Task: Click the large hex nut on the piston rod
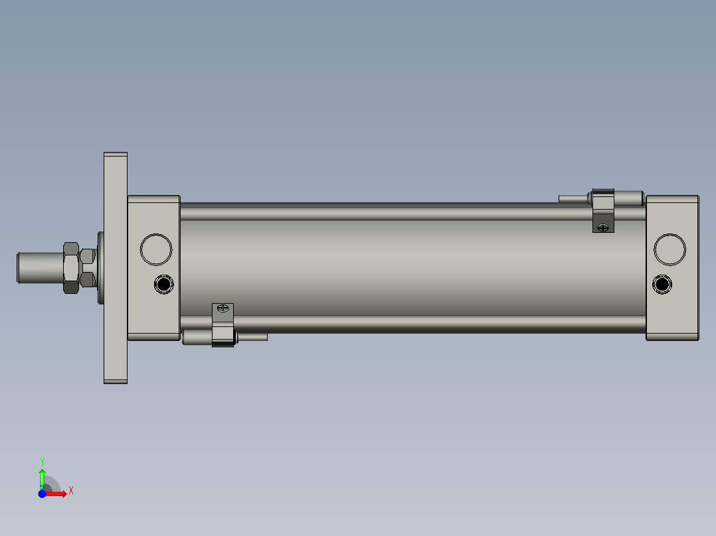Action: (70, 267)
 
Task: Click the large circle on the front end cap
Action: (156, 249)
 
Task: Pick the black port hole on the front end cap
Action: (163, 285)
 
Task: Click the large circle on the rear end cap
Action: (670, 249)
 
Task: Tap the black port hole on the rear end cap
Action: (662, 285)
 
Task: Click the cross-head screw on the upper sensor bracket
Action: (603, 228)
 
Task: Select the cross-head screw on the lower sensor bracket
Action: (223, 308)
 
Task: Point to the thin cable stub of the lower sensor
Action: (252, 337)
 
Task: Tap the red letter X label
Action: (70, 491)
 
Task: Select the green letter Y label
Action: (42, 460)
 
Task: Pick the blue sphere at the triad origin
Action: (42, 494)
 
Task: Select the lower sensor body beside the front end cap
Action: (197, 337)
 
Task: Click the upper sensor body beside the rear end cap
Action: (628, 198)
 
